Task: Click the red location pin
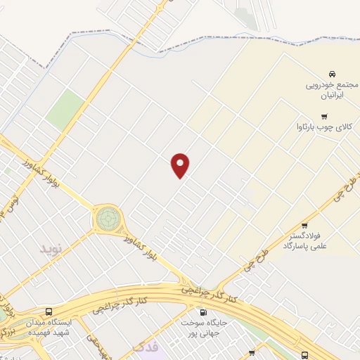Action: [x=181, y=165]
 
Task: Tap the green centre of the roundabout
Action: [x=108, y=219]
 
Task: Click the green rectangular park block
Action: [x=66, y=109]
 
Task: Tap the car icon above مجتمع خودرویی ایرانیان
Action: [x=330, y=74]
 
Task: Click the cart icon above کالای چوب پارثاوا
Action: [x=323, y=117]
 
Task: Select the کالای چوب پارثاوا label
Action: [x=323, y=129]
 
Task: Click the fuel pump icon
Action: [x=204, y=312]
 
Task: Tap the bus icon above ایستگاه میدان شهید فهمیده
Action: [x=49, y=311]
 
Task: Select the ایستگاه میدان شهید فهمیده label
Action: [x=49, y=327]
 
